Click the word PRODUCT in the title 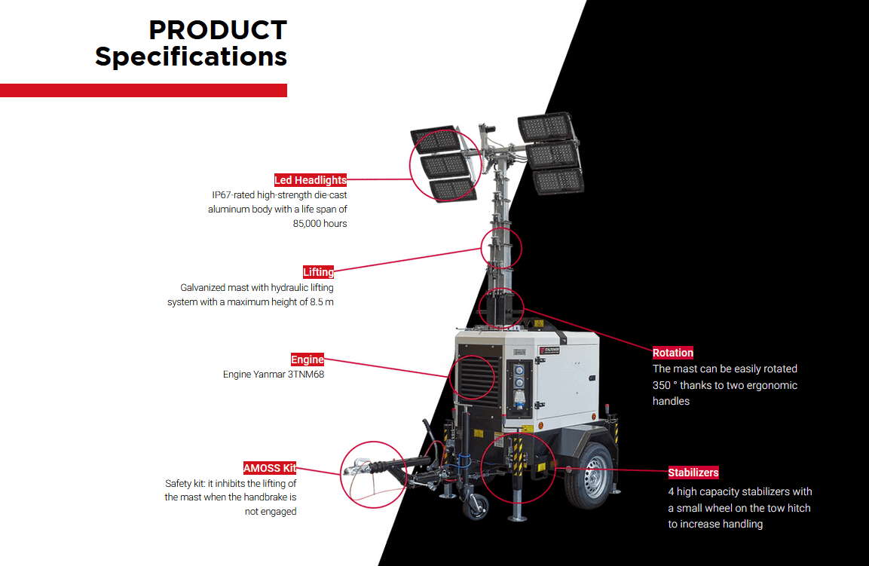point(217,30)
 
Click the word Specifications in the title point(191,57)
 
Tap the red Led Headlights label point(311,180)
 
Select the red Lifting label point(318,272)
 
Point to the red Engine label point(308,359)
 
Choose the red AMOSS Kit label point(269,468)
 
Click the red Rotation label point(672,353)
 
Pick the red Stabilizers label point(693,473)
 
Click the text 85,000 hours point(320,224)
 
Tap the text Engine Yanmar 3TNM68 point(274,375)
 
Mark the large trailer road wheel point(591,476)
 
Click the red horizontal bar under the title point(143,90)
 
